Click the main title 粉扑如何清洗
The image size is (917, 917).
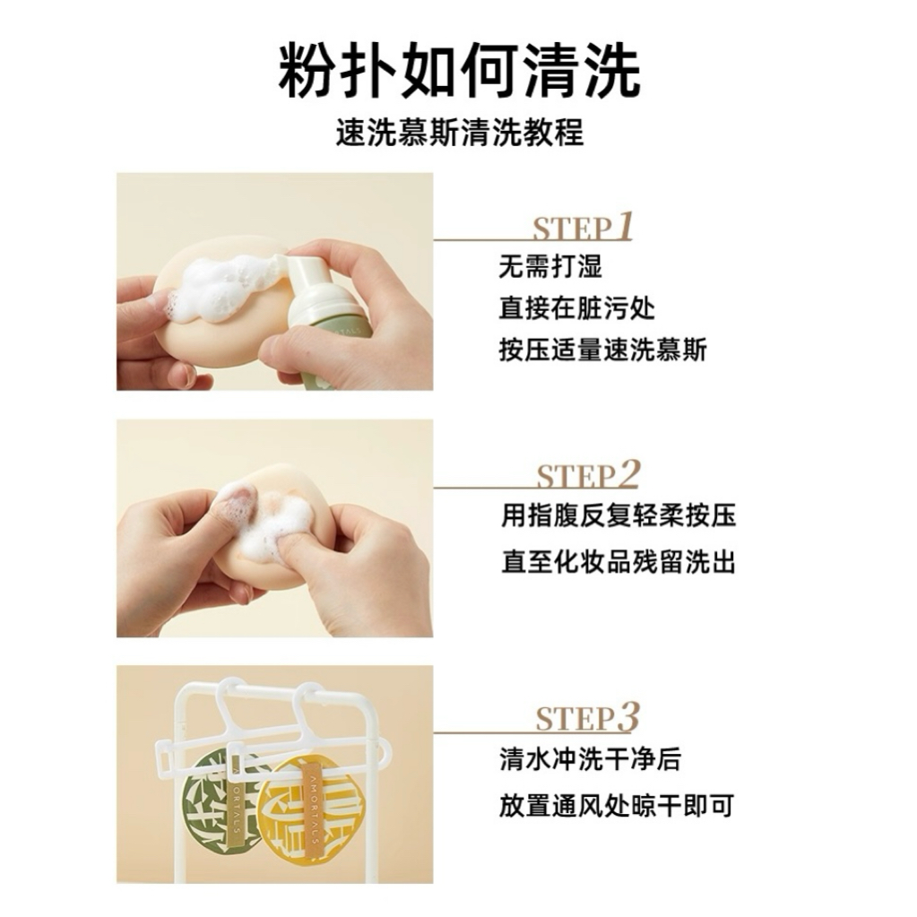(x=459, y=72)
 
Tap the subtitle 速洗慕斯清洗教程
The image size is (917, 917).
(x=459, y=132)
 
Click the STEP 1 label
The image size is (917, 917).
(x=583, y=227)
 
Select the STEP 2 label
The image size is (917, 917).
(x=588, y=474)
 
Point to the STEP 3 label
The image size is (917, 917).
(x=587, y=718)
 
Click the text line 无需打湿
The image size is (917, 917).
(x=550, y=267)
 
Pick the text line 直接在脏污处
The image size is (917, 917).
(x=576, y=308)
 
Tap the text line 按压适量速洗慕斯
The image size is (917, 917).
(x=603, y=350)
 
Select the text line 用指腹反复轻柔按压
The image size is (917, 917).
(x=619, y=515)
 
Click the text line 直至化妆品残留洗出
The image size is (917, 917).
(x=619, y=563)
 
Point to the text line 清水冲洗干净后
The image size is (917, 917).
(x=590, y=759)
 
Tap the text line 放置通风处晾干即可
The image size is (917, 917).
(x=617, y=806)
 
